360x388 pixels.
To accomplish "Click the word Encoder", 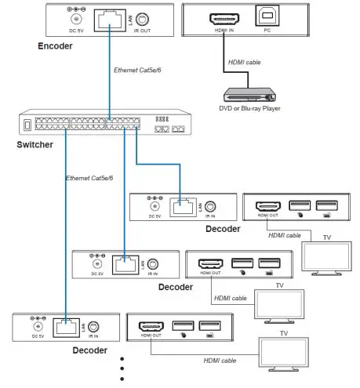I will click(56, 45).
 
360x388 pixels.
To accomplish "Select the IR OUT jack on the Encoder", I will click(142, 20).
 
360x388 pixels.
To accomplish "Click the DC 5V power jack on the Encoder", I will click(77, 20).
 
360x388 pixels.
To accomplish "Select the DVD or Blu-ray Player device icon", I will click(249, 94).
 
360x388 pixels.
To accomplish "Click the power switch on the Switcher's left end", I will click(28, 124).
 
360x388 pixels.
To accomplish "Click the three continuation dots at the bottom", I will click(122, 369).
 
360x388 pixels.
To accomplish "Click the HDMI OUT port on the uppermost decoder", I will click(269, 207).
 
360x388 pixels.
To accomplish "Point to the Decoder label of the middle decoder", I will click(176, 287).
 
